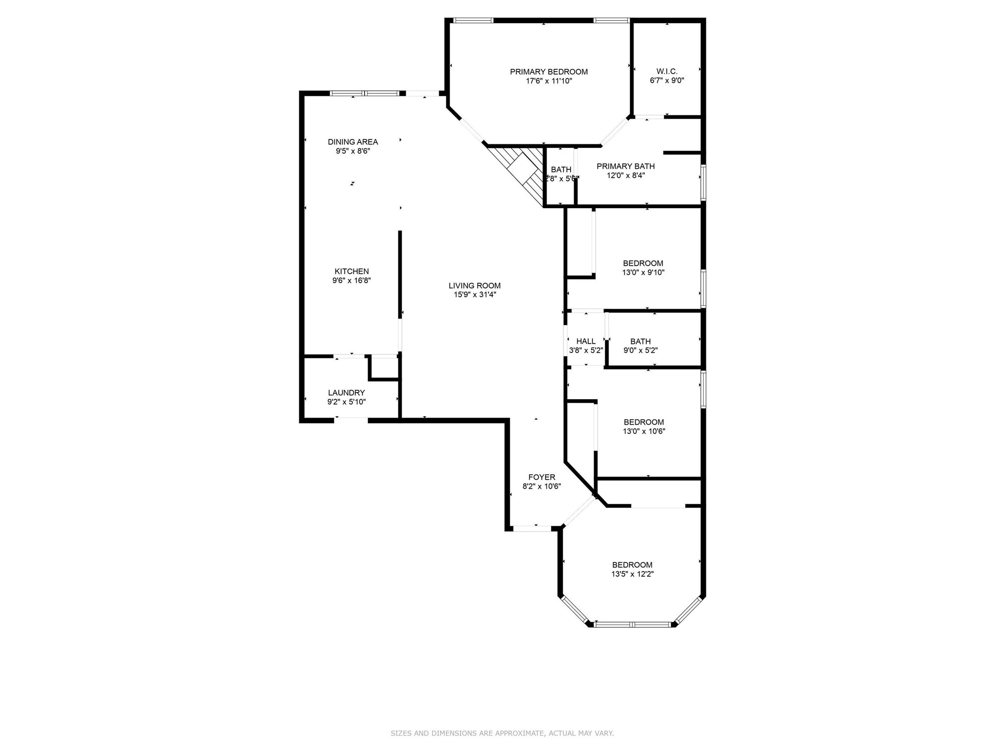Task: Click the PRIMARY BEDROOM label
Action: [549, 72]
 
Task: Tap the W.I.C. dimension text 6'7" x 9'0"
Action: [667, 81]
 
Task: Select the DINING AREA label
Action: [353, 142]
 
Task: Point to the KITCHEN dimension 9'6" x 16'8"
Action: [351, 281]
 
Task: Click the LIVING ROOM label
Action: [475, 286]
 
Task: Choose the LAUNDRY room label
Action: [346, 393]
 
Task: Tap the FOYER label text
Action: [542, 477]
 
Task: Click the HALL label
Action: [586, 341]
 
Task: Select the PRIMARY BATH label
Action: [626, 166]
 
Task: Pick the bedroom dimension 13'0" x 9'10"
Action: [643, 272]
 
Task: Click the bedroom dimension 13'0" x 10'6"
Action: [644, 431]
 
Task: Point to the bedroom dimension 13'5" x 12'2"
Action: [633, 574]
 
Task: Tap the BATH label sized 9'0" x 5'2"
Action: [640, 341]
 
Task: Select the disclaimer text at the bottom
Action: [502, 733]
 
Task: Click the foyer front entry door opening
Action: [532, 529]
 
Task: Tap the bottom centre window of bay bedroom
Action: [632, 625]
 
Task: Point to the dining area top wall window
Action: [365, 93]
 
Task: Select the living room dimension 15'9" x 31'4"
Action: [475, 295]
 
